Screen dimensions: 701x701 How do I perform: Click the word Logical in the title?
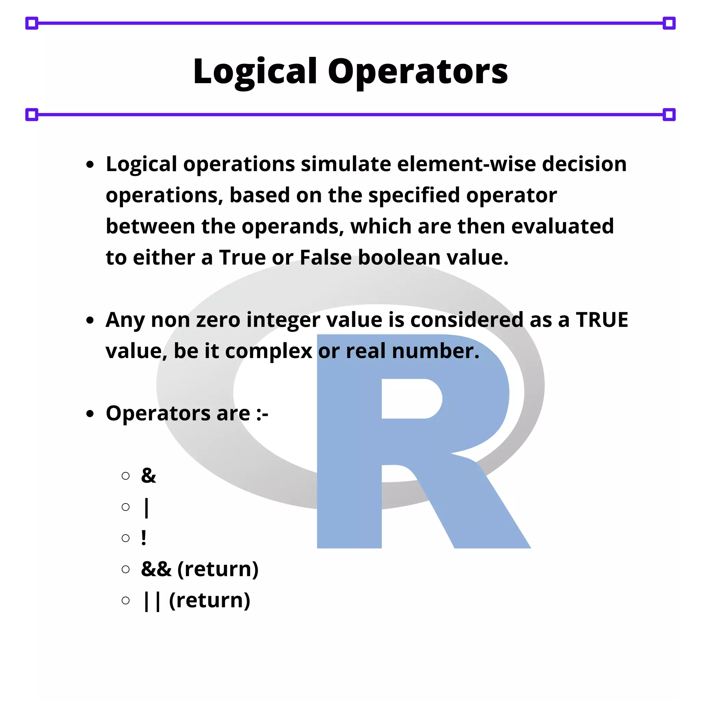click(x=255, y=72)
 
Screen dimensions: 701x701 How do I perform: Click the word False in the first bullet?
click(x=326, y=258)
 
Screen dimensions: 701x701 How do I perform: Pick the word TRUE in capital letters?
click(x=602, y=320)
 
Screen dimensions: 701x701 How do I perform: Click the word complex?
click(x=268, y=351)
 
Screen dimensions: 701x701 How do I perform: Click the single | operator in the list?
click(x=146, y=507)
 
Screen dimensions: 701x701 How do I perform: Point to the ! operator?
click(x=144, y=538)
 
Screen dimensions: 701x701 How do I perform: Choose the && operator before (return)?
click(x=156, y=569)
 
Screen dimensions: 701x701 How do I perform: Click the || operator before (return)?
click(x=152, y=601)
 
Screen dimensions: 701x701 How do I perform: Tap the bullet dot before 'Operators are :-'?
click(x=90, y=413)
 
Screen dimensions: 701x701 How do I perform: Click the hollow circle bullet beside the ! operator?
click(x=126, y=538)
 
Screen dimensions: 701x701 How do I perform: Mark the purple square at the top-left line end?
click(x=31, y=23)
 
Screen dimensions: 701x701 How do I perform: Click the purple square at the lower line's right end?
click(x=669, y=115)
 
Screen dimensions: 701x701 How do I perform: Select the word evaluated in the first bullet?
click(x=562, y=226)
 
